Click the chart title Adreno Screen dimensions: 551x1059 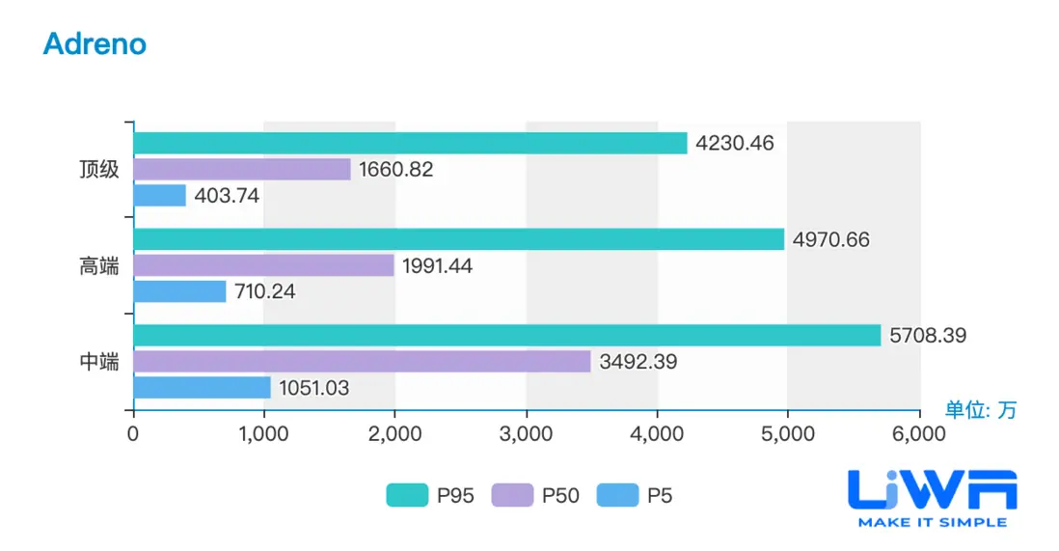pos(95,43)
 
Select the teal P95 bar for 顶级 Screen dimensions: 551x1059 pos(410,143)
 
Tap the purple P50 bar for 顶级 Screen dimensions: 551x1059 pos(241,169)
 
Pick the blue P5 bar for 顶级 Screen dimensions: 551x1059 pos(159,195)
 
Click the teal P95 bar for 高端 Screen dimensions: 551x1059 pos(458,239)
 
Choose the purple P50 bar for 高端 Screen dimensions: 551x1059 pos(263,265)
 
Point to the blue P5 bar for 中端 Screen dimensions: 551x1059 pos(202,388)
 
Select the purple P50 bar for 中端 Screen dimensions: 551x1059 pos(362,362)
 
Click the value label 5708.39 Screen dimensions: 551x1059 pos(928,336)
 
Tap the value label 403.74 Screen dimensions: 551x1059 pos(227,196)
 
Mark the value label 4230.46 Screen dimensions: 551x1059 pos(735,144)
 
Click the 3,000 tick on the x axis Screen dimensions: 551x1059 pos(526,434)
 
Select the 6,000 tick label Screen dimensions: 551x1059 pos(918,434)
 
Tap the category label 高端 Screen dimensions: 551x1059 pos(99,266)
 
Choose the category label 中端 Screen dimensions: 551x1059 pos(99,363)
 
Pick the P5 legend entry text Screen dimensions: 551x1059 pos(660,496)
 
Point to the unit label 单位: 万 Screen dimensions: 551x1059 pos(980,409)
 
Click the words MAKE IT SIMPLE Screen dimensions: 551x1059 pos(932,522)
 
